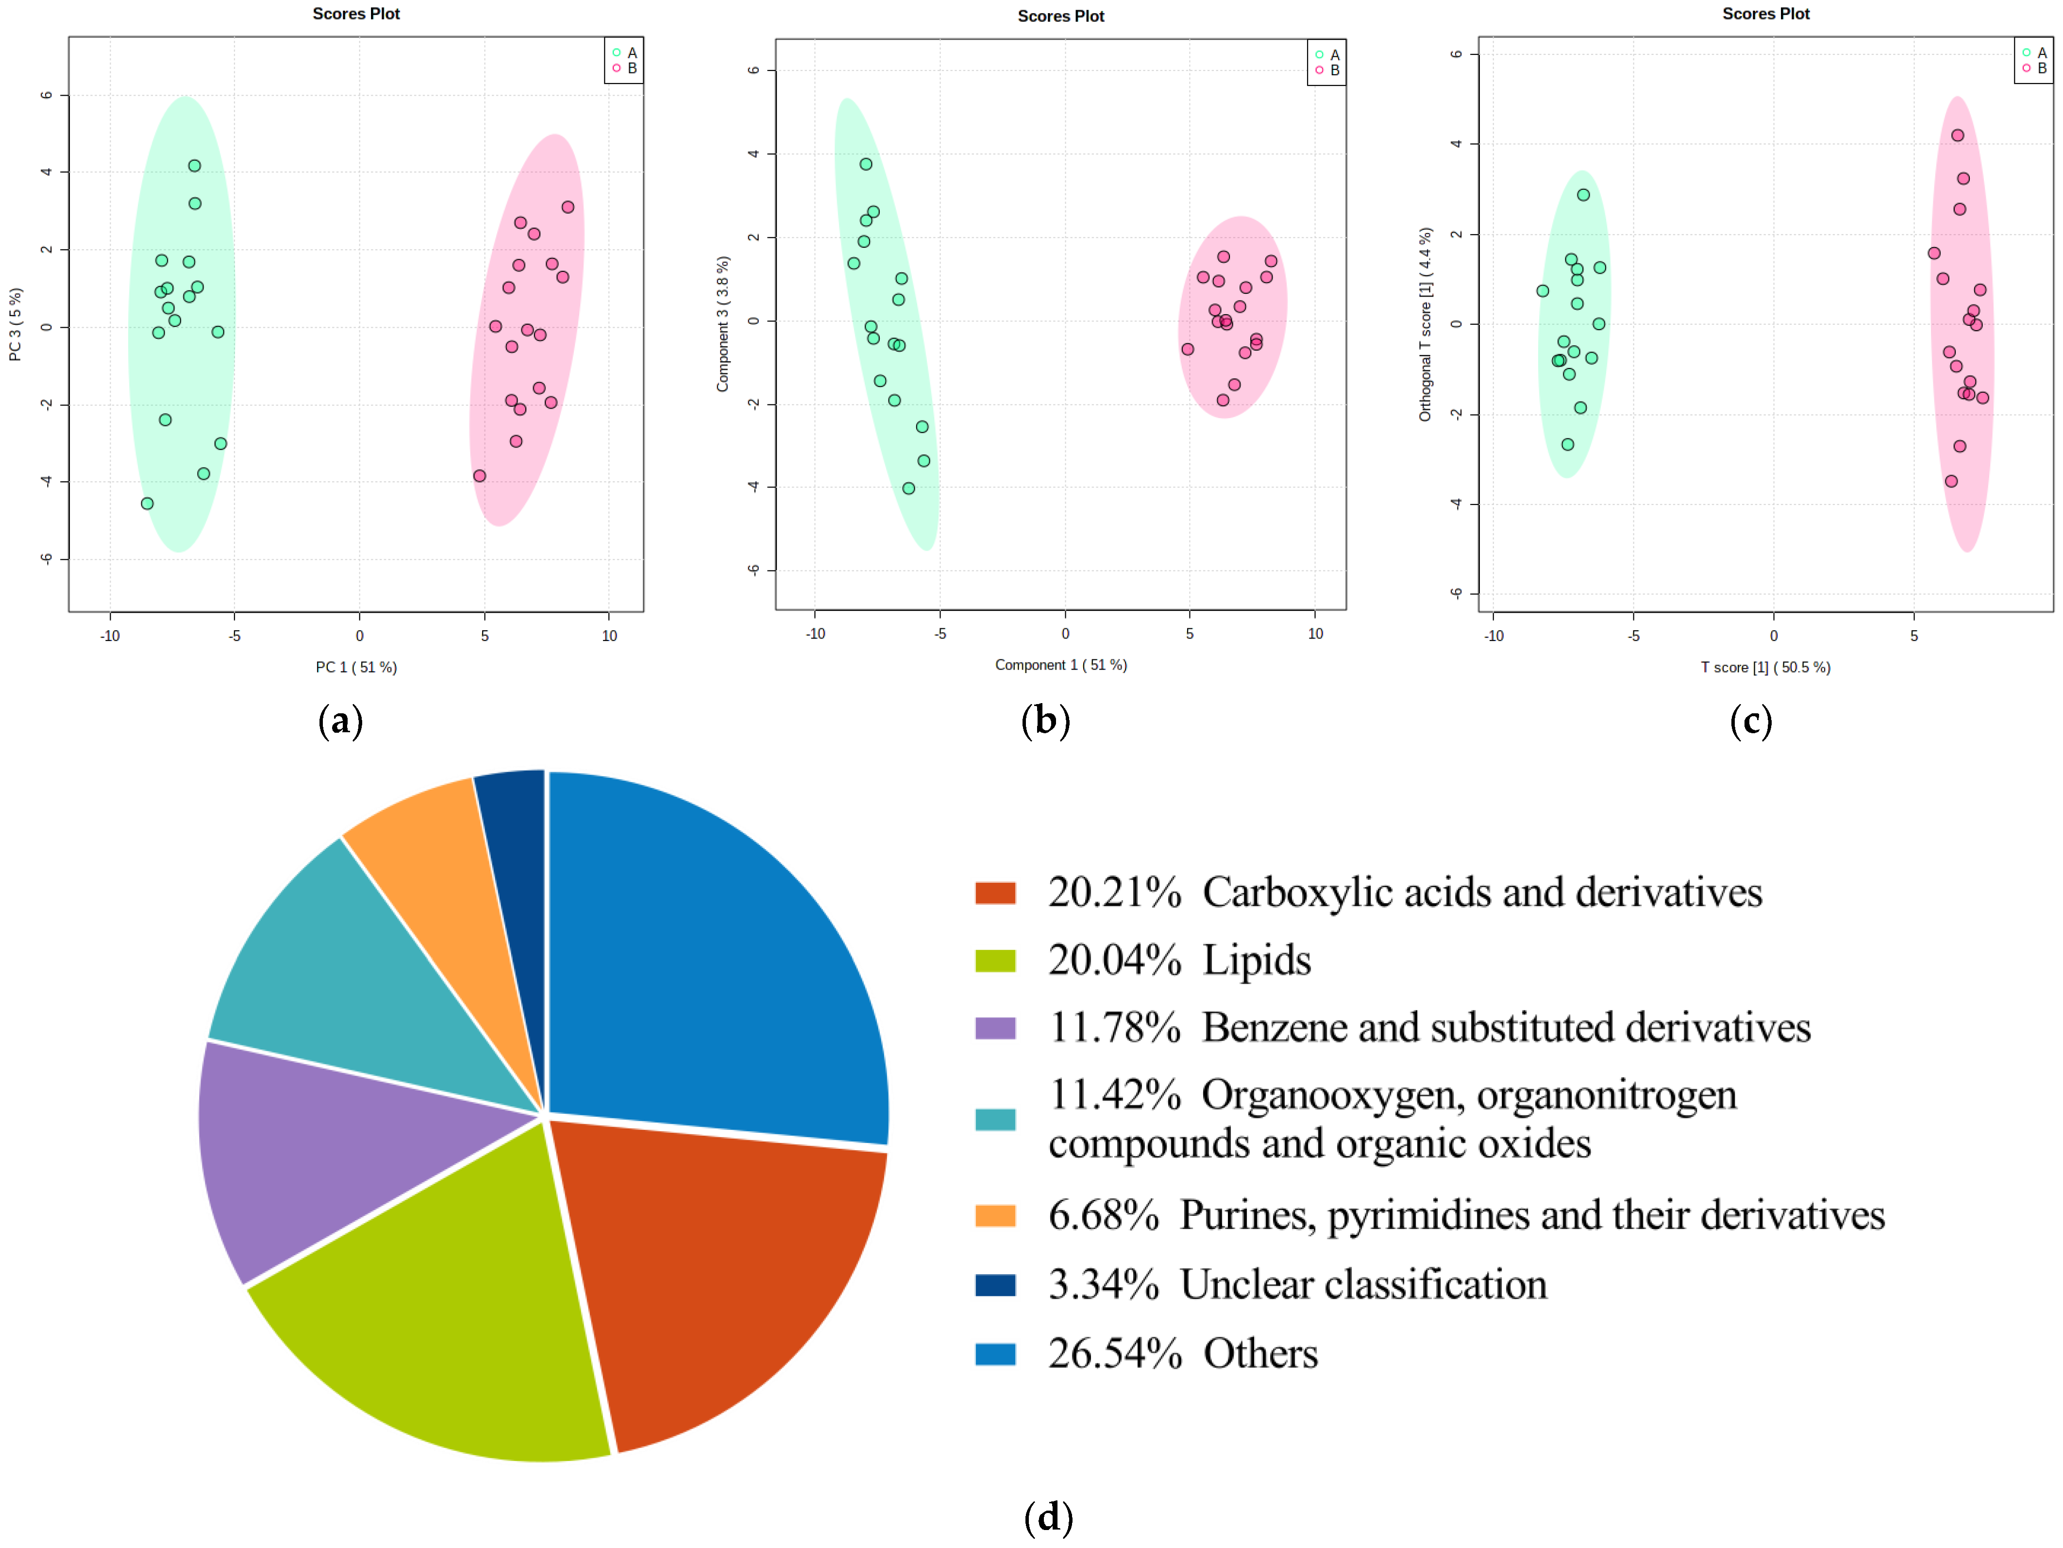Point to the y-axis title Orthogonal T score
click(x=1425, y=324)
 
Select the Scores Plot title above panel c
click(x=1765, y=14)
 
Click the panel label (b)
click(x=1045, y=721)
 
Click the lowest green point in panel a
click(x=148, y=504)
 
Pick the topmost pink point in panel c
click(x=1958, y=135)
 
